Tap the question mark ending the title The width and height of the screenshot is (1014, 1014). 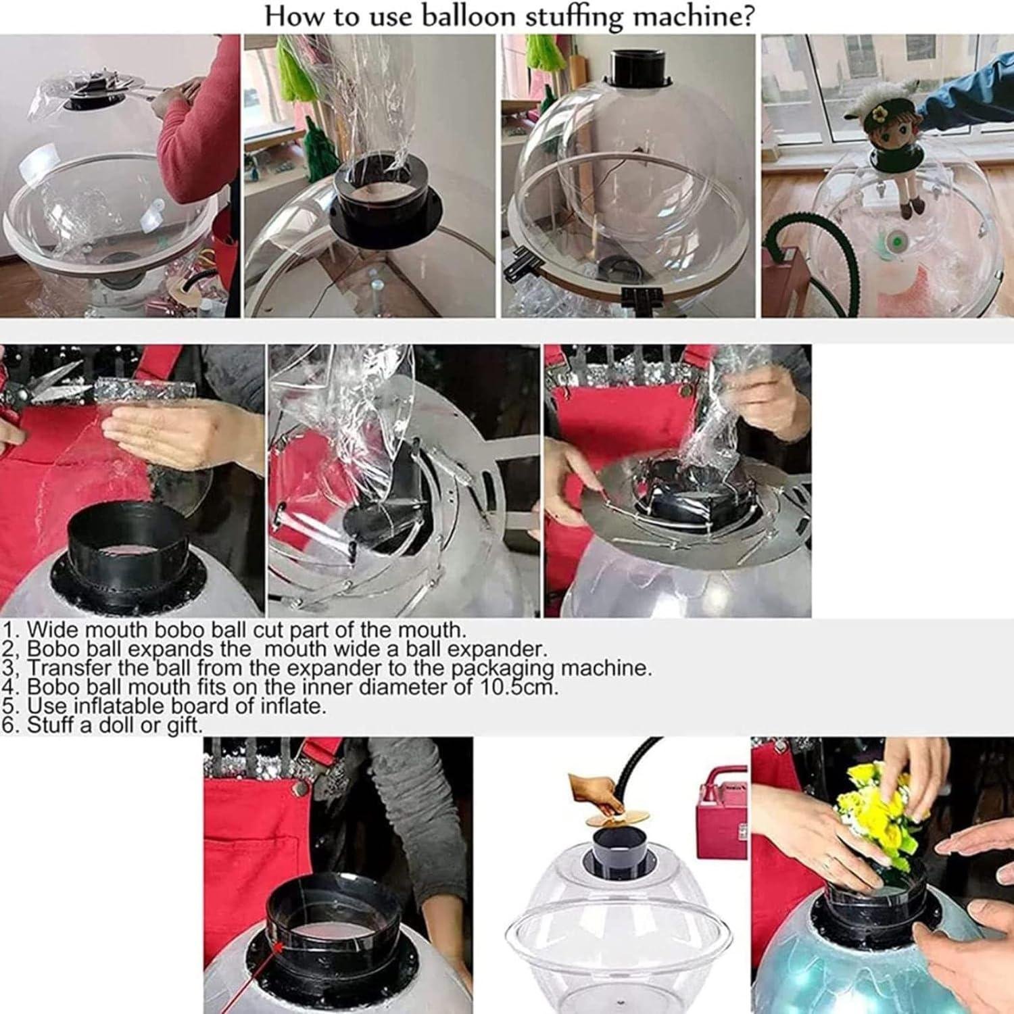pos(746,15)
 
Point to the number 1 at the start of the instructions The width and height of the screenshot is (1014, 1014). pos(9,630)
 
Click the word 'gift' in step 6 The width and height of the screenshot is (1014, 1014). pos(187,725)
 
